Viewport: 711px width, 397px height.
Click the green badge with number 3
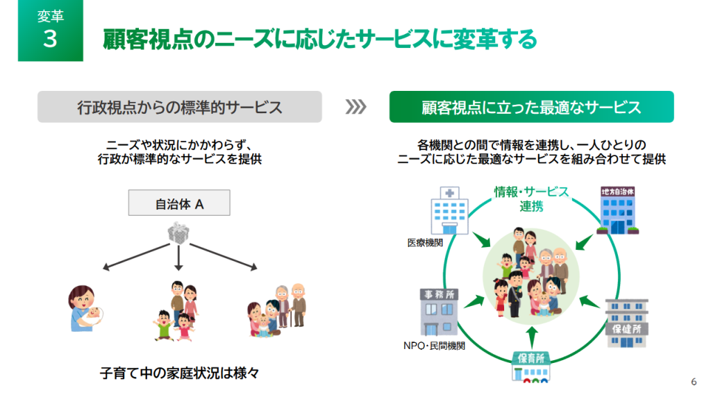50,31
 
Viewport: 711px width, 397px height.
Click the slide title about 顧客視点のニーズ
319,40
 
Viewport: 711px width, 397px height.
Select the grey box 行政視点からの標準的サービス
180,108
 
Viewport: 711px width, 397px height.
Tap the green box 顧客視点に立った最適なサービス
531,108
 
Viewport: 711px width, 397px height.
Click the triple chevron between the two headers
355,107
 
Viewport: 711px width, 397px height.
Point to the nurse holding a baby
86,311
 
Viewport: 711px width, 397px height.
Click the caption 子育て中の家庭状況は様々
179,373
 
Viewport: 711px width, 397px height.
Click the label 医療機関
425,243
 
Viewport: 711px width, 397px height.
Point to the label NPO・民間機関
434,345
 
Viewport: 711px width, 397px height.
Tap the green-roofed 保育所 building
531,366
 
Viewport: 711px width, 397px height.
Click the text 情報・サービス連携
531,198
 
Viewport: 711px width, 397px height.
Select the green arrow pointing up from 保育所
531,336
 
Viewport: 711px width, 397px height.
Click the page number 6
694,381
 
